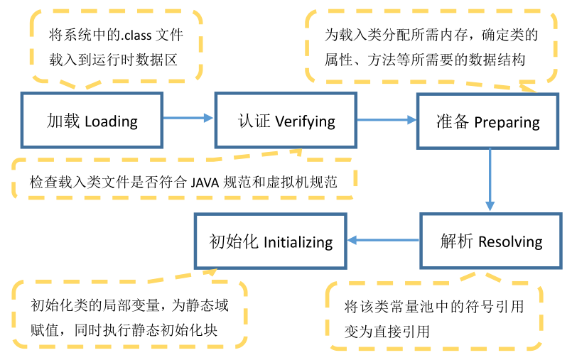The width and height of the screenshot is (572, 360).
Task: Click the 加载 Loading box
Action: [92, 121]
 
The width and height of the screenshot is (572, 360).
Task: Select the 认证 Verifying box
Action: [286, 121]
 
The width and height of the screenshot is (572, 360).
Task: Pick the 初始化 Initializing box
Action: [271, 241]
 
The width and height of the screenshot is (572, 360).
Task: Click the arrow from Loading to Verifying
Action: [188, 119]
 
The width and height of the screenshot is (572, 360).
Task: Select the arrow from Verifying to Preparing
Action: [387, 120]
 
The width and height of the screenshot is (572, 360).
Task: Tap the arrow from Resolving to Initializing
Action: [384, 241]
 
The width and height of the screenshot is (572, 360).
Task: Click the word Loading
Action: [111, 121]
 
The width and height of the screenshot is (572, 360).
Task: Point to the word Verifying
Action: [305, 121]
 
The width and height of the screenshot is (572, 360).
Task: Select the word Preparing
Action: [507, 123]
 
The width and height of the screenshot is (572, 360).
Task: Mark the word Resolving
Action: [510, 242]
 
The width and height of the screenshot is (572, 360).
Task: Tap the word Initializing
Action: [298, 242]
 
